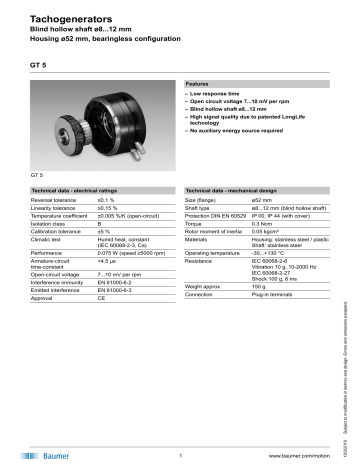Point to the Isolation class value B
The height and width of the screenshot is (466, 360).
(x=99, y=225)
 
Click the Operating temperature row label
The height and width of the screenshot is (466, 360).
(x=215, y=254)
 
